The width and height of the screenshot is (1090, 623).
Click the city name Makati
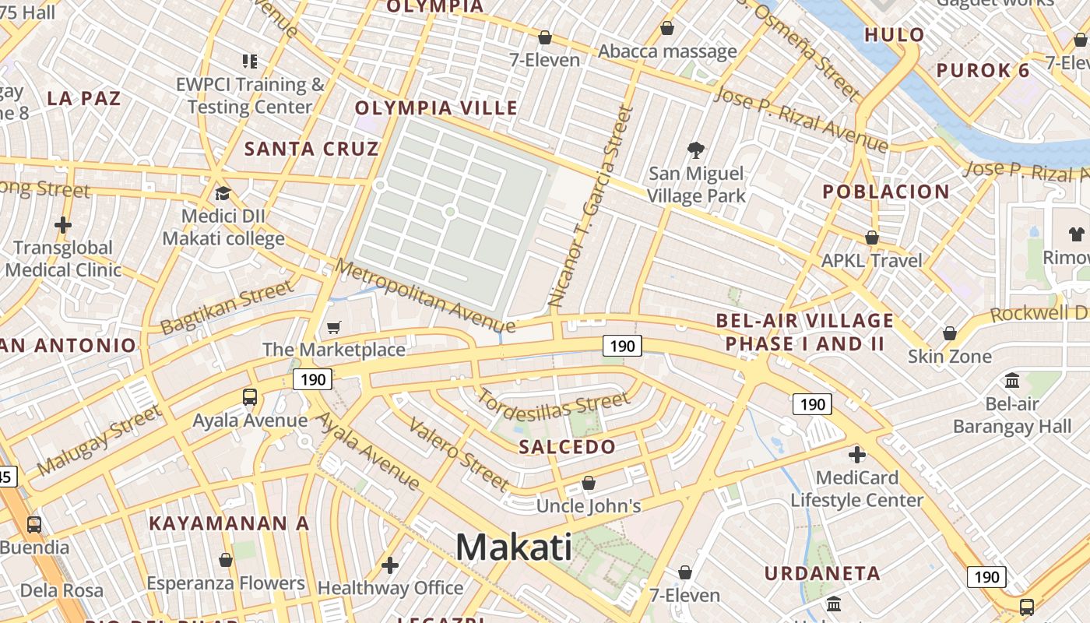pos(513,547)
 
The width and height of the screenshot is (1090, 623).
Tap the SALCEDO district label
pos(567,447)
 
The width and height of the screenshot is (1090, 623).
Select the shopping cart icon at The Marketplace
pos(334,328)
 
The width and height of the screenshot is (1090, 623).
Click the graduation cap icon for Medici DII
pos(223,193)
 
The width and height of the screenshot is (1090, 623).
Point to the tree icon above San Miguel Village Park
pos(696,150)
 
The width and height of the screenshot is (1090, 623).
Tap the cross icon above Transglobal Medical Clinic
pos(63,226)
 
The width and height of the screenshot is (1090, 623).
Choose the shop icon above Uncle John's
pos(589,483)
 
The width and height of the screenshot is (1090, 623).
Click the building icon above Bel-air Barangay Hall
pos(1012,381)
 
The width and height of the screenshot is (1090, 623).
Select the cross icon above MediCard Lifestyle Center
pos(857,454)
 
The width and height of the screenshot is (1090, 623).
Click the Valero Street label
pos(459,455)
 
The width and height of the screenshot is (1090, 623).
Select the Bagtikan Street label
pos(227,307)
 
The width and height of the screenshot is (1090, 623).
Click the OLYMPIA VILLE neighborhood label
pos(436,108)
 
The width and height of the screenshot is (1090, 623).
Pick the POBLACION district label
pos(886,192)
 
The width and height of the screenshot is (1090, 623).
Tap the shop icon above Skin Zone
pos(950,333)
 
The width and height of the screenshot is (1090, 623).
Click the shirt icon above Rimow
pos(1077,234)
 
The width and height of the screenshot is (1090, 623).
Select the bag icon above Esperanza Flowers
pos(226,560)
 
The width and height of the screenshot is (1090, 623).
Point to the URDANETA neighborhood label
pos(822,574)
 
